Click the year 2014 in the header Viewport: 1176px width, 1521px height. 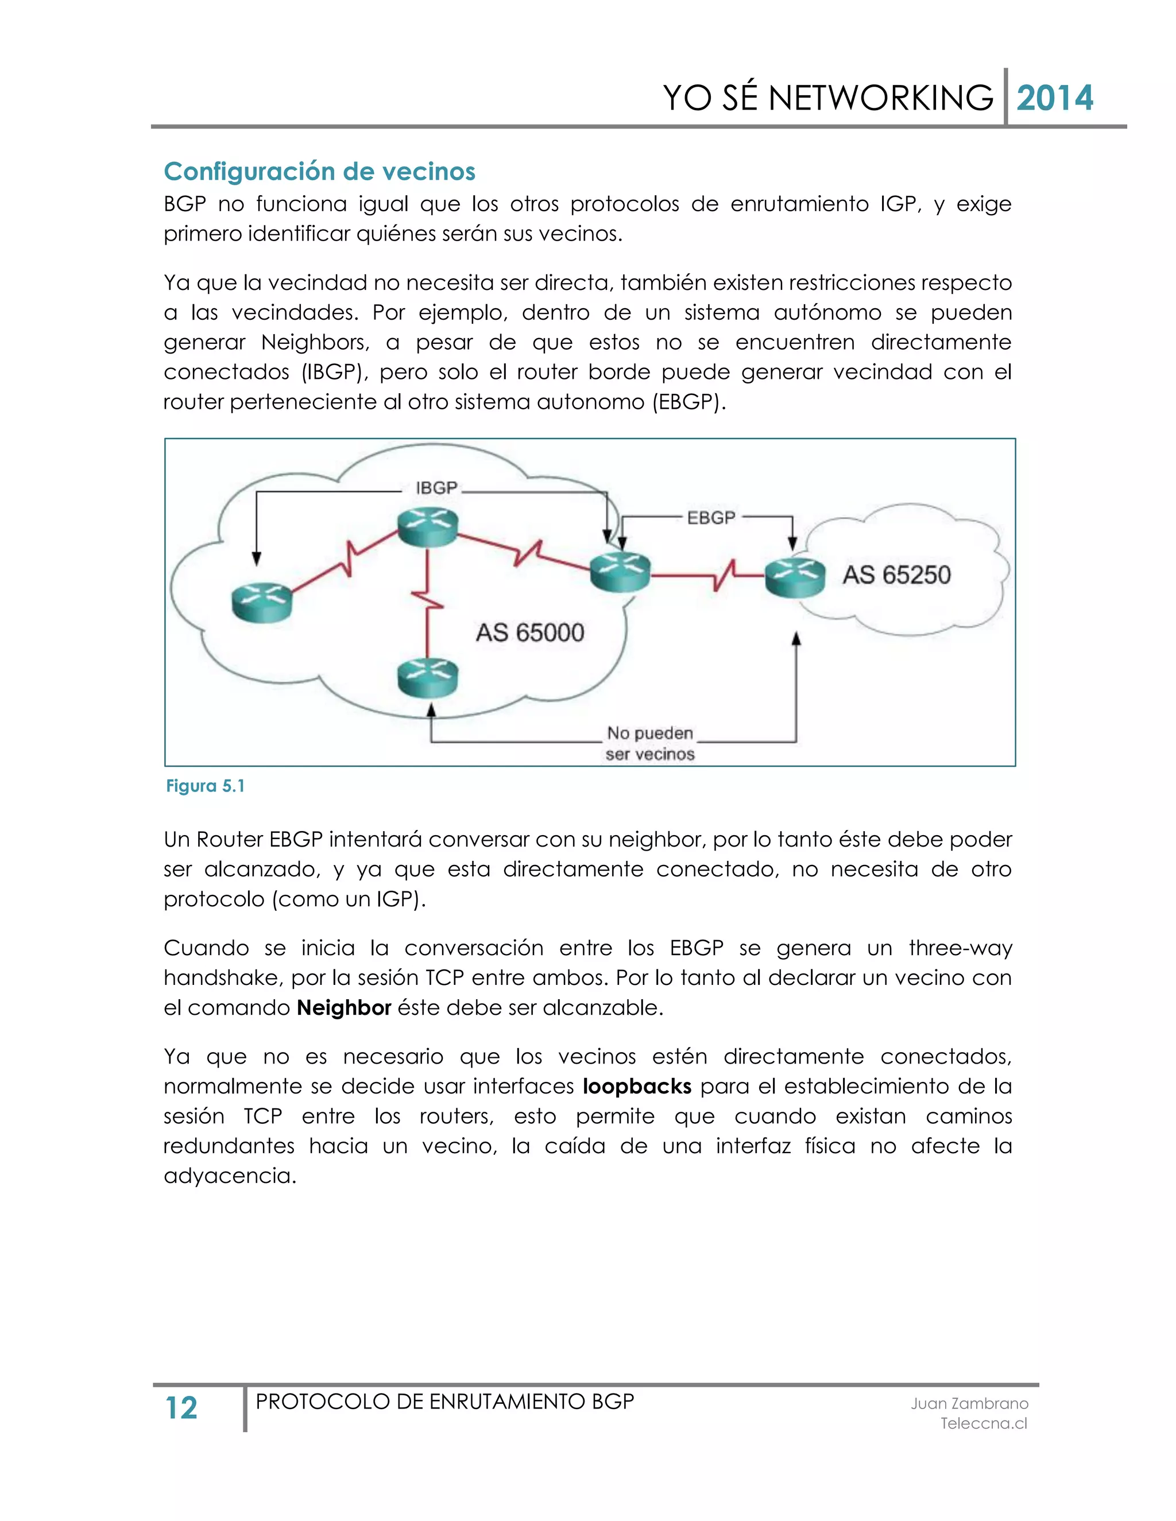[1054, 98]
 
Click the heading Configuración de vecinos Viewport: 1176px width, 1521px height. [319, 171]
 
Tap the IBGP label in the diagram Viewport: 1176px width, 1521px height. [436, 488]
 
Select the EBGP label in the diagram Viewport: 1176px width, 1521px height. [711, 518]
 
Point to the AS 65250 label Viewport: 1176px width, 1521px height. [896, 575]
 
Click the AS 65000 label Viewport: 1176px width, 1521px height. [529, 633]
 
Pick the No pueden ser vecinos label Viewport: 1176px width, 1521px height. [649, 743]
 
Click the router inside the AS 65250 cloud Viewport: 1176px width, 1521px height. [794, 578]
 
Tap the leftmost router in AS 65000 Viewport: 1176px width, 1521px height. [261, 603]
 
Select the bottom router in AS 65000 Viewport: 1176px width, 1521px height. [428, 678]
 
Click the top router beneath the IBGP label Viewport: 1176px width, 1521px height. [428, 526]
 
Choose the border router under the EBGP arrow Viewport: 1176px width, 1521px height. [620, 572]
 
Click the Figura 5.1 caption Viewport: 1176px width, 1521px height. [205, 786]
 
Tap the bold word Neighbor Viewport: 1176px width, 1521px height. [343, 1008]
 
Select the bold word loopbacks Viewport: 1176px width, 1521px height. [637, 1087]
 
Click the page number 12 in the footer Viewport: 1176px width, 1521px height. [181, 1408]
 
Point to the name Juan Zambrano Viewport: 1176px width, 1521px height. [969, 1403]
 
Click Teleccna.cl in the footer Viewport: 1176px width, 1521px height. [983, 1423]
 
